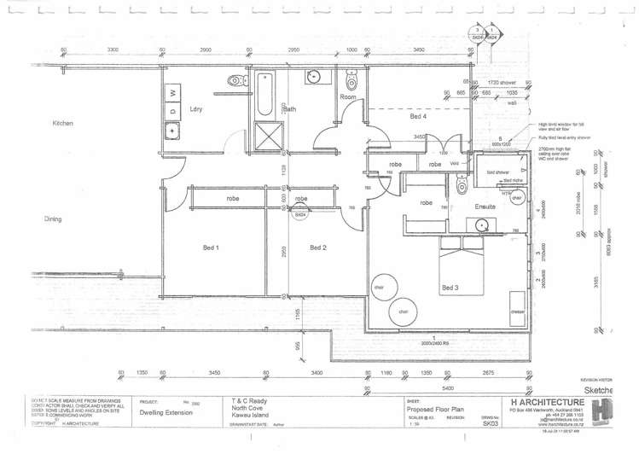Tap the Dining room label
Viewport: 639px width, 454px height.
(x=54, y=219)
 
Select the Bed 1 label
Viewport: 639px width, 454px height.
(x=211, y=247)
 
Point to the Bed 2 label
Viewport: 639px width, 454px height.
(x=317, y=247)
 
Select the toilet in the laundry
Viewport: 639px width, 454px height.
(x=233, y=81)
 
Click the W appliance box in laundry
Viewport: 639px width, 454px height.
(x=173, y=91)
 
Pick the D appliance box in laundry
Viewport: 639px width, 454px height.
(x=173, y=110)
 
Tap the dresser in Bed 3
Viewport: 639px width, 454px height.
(x=517, y=308)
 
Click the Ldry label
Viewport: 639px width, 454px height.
(x=195, y=109)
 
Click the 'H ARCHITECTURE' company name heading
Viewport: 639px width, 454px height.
(x=546, y=402)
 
